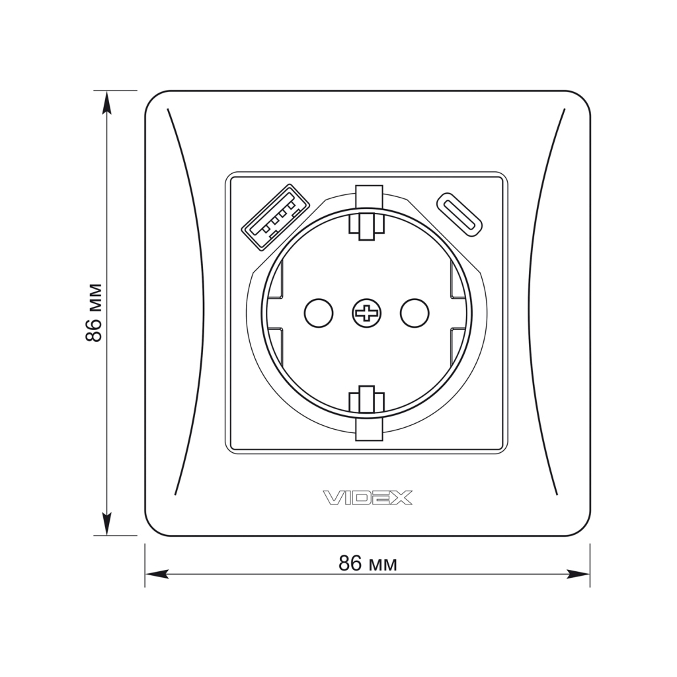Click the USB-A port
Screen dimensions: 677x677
(x=276, y=217)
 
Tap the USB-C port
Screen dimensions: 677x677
(x=459, y=214)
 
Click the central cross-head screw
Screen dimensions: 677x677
(x=366, y=313)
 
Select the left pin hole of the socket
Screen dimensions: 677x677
(x=319, y=313)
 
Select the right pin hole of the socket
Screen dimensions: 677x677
(x=415, y=313)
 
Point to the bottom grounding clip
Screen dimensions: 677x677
(x=366, y=413)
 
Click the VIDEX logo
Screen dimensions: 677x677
(x=368, y=498)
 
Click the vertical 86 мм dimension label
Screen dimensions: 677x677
(x=94, y=313)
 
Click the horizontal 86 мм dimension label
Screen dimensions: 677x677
(x=368, y=563)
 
